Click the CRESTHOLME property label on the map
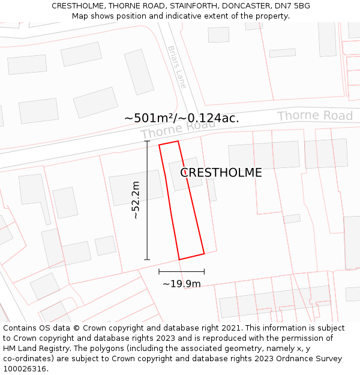pos(221,173)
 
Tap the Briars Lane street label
pos(177,67)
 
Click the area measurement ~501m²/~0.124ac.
pos(181,118)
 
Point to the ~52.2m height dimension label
pos(136,200)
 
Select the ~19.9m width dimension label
pos(181,284)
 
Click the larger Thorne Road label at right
pos(314,116)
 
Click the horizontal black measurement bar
pos(181,272)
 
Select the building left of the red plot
pos(136,188)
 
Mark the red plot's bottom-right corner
pos(204,253)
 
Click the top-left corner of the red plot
pos(159,145)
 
